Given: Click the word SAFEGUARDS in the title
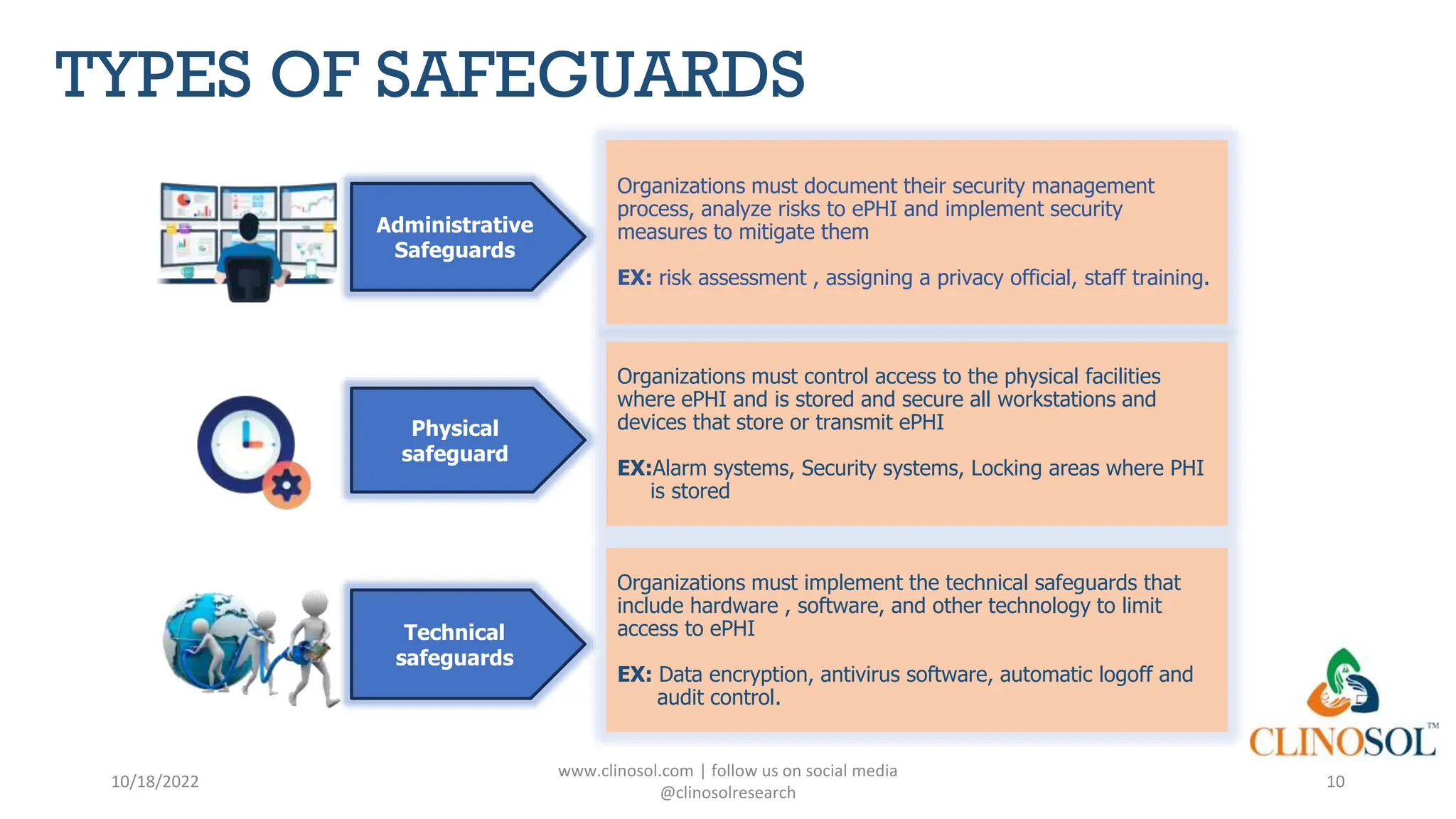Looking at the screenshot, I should click(589, 75).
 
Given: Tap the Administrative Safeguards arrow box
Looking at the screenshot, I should click(455, 237).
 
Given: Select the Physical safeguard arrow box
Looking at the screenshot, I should click(455, 441).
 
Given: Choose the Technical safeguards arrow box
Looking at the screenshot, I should click(455, 645).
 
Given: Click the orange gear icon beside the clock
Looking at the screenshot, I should click(287, 486).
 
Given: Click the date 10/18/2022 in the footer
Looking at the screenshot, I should click(155, 782).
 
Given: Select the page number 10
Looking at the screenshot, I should click(1335, 782).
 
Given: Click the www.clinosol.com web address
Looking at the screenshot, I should click(626, 771).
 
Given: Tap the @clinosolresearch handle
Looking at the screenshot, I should click(727, 793).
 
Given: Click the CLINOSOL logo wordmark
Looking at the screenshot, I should click(1342, 742).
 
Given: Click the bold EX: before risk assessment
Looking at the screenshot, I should click(634, 278).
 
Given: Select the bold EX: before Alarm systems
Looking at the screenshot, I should click(634, 469).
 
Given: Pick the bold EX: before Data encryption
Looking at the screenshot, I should click(634, 675).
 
